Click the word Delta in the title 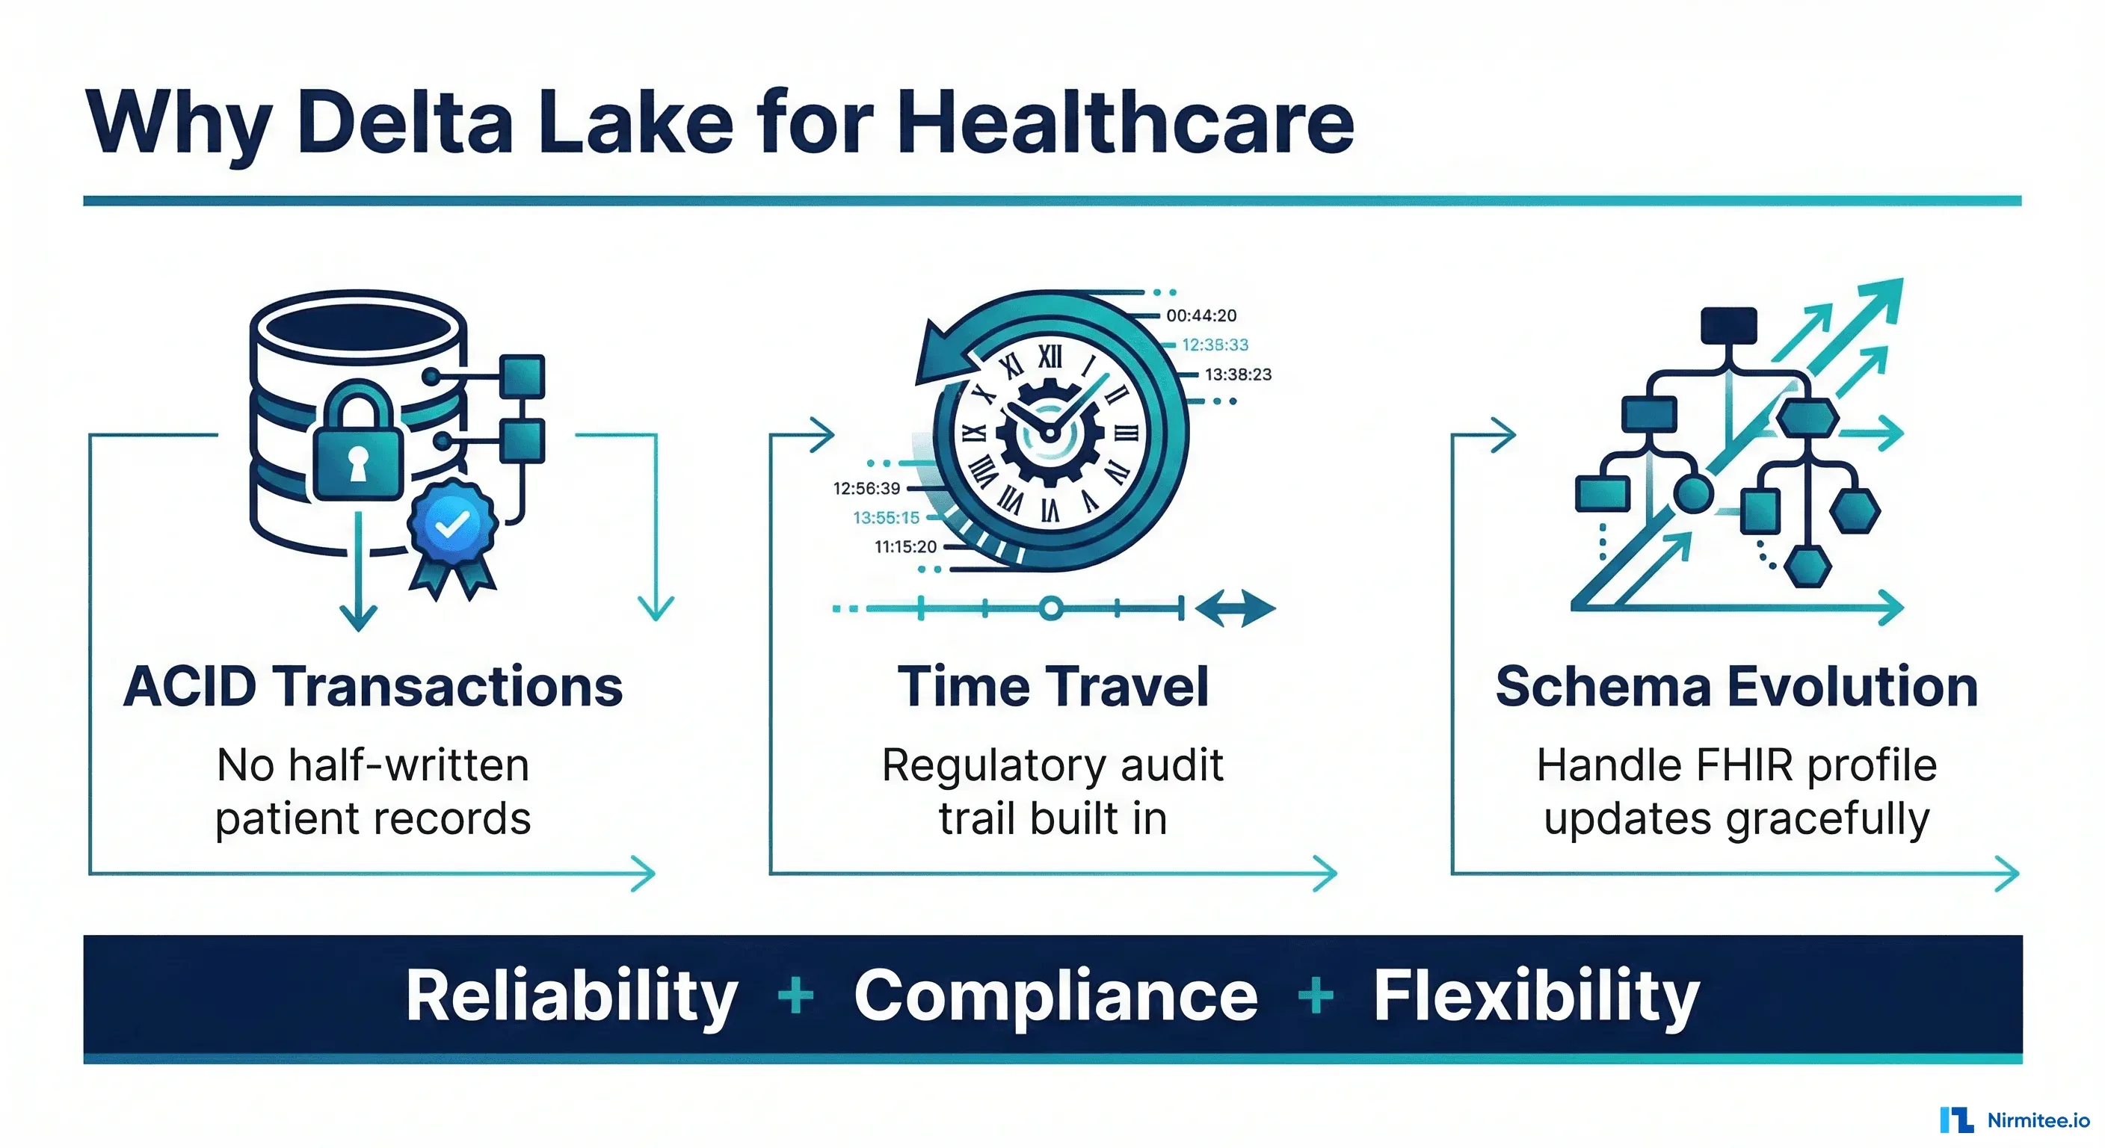tap(405, 122)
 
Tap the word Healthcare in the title tap(1125, 122)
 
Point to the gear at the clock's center tap(1050, 434)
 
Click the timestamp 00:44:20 tap(1201, 315)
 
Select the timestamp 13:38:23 tap(1238, 374)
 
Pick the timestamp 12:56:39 tap(866, 489)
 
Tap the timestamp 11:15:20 tap(905, 546)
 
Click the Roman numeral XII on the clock tap(1050, 357)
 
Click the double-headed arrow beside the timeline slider tap(1235, 608)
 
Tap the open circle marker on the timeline tap(1052, 608)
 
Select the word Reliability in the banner tap(572, 998)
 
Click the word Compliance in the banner tap(1055, 998)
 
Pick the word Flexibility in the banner tap(1536, 998)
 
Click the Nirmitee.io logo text tap(2038, 1120)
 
